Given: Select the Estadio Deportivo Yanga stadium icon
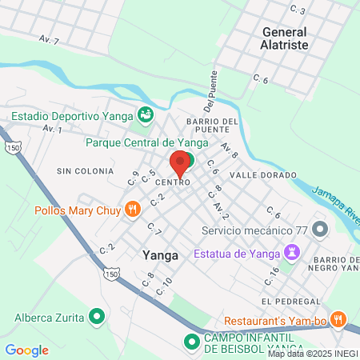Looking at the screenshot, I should [145, 115].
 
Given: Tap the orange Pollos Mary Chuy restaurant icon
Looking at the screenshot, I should [133, 210].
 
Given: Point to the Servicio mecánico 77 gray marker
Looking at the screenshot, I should [321, 230].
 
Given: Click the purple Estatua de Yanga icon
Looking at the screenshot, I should [294, 254].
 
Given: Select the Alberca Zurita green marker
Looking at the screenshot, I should [97, 317].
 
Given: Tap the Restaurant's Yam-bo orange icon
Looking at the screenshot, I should [338, 319].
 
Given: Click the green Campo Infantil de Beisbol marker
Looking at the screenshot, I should [192, 343].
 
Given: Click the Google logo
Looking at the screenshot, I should [26, 350].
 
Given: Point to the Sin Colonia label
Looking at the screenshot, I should [82, 171].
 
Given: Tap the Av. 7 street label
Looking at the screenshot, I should [49, 38].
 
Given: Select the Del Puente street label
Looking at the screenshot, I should [210, 97].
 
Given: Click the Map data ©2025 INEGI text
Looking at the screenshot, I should [312, 354].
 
